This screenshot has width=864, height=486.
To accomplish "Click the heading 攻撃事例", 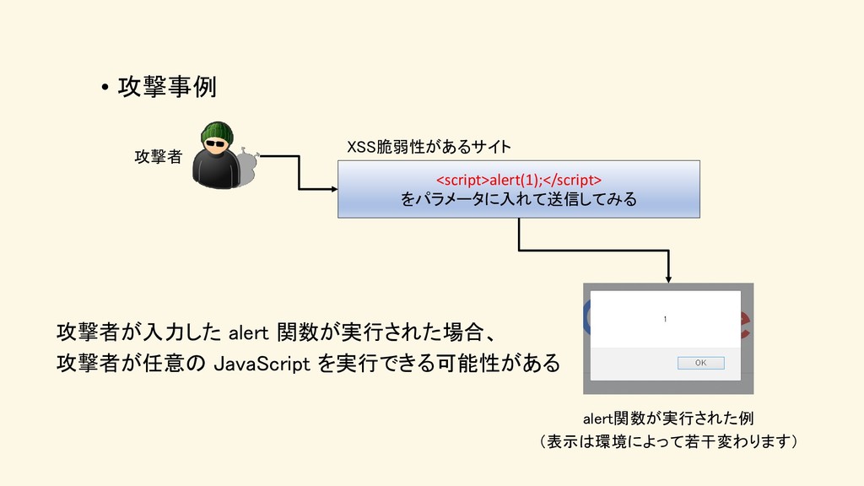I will (x=167, y=87).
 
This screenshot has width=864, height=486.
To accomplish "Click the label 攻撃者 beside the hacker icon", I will (x=158, y=156).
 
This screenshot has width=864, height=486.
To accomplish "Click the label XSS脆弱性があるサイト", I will (x=429, y=148).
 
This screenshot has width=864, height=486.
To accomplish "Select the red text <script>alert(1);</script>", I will (x=518, y=180).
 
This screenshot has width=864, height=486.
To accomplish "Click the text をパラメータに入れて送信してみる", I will (x=518, y=200).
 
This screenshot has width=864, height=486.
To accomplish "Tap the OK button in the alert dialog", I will (x=700, y=363).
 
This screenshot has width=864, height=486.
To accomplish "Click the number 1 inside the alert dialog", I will (x=665, y=319).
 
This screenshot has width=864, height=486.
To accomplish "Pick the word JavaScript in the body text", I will (x=266, y=364).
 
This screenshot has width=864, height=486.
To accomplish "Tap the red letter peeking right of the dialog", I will (x=746, y=325).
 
